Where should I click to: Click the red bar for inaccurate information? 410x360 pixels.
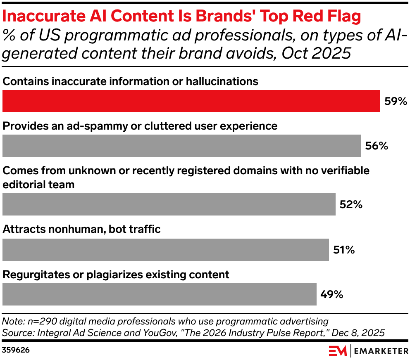[191, 101]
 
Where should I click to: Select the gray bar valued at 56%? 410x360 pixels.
[182, 146]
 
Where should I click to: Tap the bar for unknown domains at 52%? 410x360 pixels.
[169, 204]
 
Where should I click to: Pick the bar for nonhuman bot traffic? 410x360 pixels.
[165, 249]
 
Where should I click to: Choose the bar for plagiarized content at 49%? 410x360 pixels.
[159, 294]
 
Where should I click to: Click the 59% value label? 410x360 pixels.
[396, 102]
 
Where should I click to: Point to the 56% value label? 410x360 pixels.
[377, 146]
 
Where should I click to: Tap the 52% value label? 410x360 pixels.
[351, 204]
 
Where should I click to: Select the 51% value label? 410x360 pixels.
[344, 250]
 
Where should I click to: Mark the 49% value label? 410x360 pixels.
[332, 294]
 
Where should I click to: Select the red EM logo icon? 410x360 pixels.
[338, 351]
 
